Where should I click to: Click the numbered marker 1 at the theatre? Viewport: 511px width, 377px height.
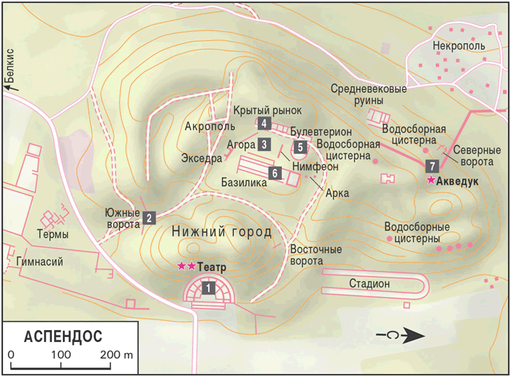(x=209, y=289)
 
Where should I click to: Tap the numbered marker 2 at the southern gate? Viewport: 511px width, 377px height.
(x=149, y=217)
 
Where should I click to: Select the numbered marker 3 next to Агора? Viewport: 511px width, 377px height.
(x=264, y=144)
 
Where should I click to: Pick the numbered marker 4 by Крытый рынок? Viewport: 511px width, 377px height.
(x=264, y=123)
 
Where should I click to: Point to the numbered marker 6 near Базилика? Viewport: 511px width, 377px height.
(x=274, y=173)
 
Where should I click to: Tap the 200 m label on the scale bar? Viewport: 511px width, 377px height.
(x=118, y=355)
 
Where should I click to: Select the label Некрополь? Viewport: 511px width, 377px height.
(x=458, y=46)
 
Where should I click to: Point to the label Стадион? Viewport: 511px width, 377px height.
(x=369, y=283)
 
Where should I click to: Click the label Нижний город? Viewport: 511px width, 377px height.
(x=221, y=232)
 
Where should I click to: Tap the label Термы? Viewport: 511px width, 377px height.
(x=53, y=235)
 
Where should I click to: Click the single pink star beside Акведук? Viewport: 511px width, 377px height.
(x=431, y=180)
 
